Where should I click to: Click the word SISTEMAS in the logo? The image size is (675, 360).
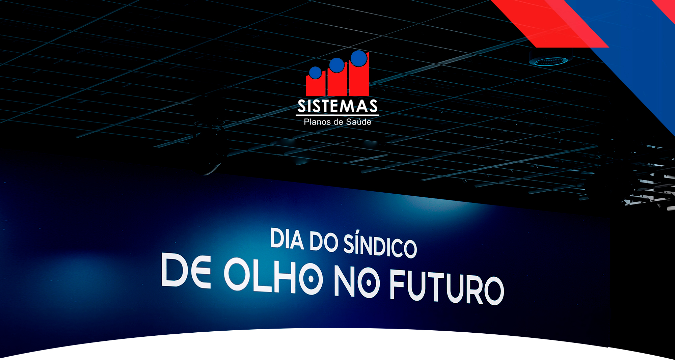pos(337,106)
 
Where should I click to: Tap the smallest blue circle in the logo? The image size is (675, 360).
pos(316,73)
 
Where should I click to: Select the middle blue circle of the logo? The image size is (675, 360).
pos(336,65)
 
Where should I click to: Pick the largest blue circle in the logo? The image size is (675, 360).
pos(359,58)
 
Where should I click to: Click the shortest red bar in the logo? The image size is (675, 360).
pos(316,85)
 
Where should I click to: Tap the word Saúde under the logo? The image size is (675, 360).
pos(359,122)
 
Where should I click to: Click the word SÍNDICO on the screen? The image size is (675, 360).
pos(380,245)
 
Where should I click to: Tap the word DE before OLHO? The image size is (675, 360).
pos(186,270)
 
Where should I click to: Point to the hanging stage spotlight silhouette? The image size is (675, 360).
pos(209,138)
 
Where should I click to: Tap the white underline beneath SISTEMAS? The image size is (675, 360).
pos(337,115)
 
